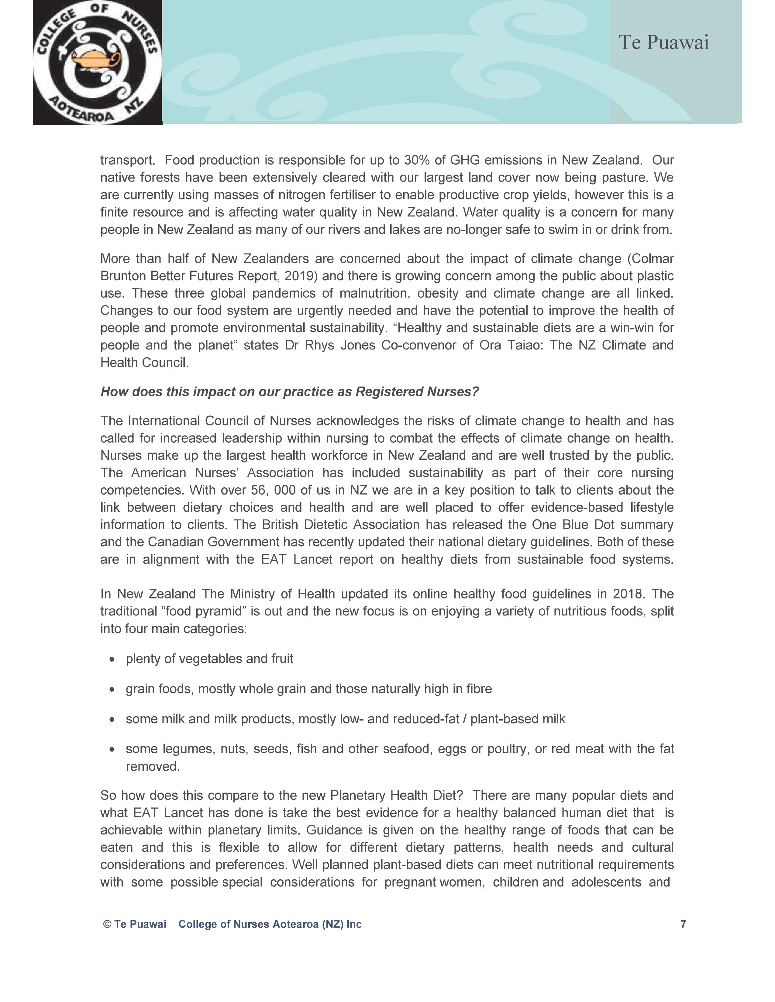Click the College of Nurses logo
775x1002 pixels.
pos(97,62)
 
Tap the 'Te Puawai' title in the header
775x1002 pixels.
pos(663,43)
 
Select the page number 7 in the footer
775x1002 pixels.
pos(683,924)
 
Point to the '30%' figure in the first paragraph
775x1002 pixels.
pos(417,160)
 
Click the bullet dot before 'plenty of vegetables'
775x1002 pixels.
pos(112,659)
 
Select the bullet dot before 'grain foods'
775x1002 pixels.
pos(112,689)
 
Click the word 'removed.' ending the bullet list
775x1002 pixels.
pos(153,767)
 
